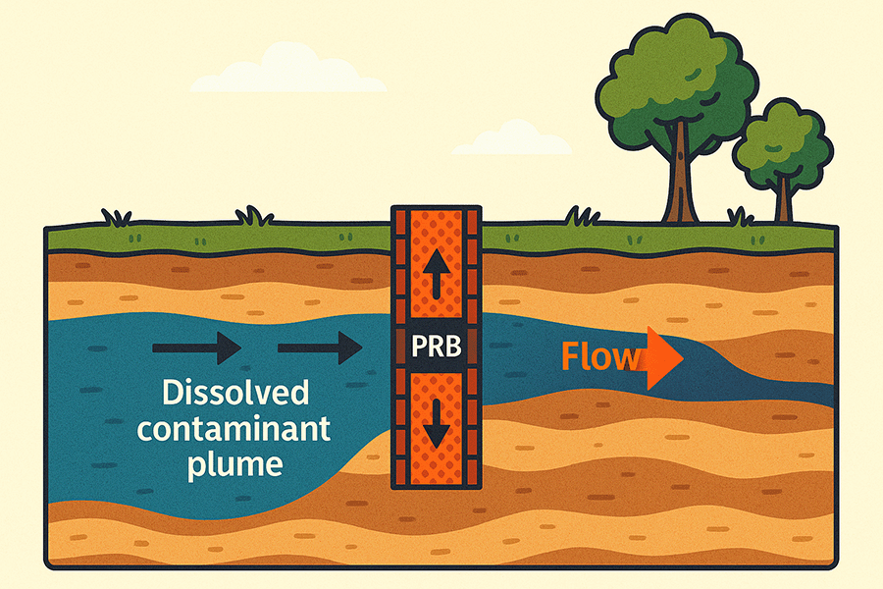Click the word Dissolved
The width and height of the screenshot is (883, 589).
(235, 396)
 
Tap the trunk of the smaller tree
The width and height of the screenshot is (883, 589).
(783, 196)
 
